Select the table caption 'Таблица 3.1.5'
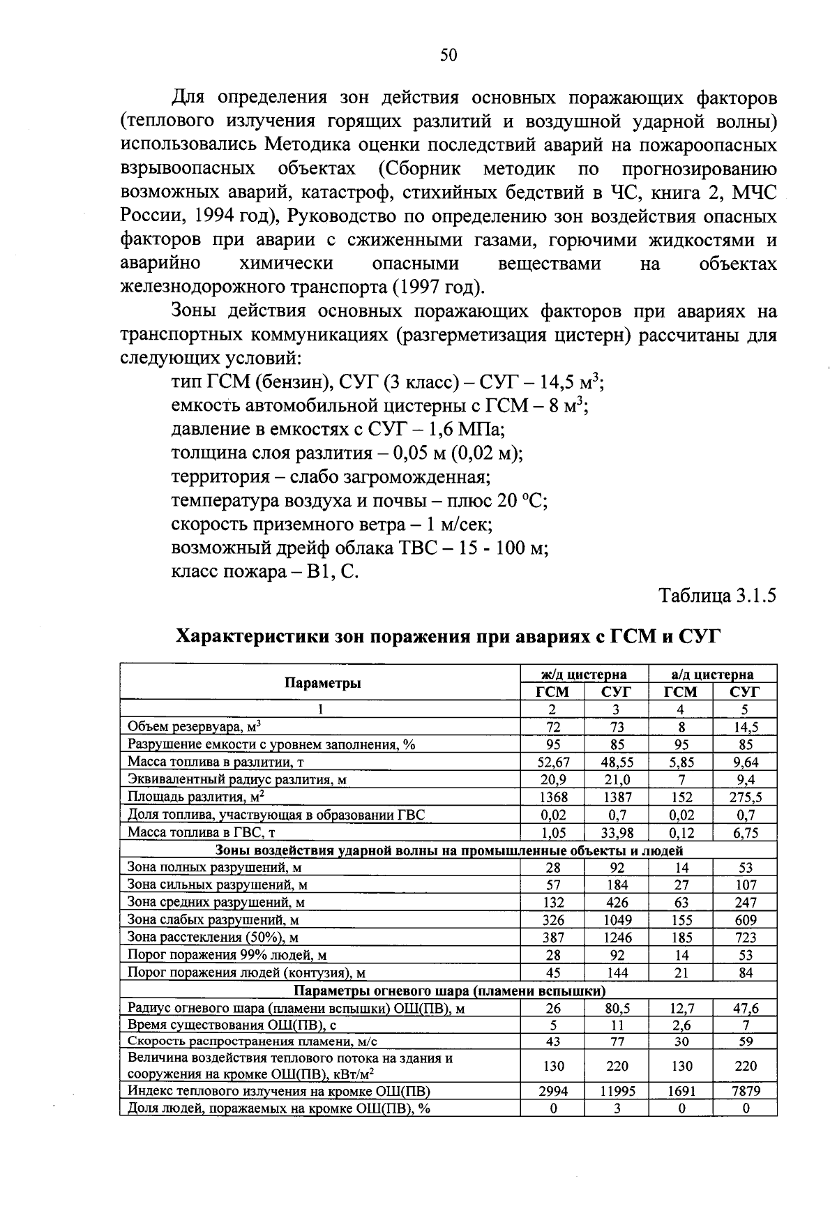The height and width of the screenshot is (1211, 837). [x=718, y=596]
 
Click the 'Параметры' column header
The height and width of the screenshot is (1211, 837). [x=322, y=683]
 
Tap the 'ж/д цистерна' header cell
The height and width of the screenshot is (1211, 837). [x=584, y=674]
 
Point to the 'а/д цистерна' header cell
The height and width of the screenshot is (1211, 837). [x=712, y=674]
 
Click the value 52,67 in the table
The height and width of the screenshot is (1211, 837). [x=552, y=762]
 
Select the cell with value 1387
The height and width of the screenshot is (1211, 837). [x=617, y=797]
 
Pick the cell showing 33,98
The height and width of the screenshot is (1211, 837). [x=617, y=832]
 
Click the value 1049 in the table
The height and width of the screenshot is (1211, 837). [x=617, y=920]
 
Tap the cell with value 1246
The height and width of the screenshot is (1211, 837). [x=617, y=938]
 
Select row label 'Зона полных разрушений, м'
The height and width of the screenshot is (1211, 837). [x=213, y=868]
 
